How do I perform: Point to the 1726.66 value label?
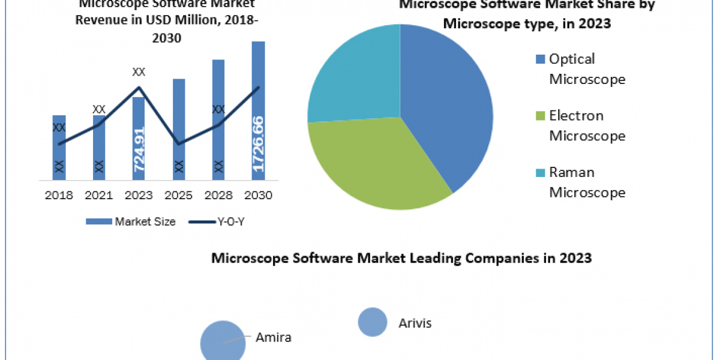pos(258,144)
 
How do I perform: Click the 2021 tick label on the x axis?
pos(98,196)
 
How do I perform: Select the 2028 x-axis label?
pos(218,196)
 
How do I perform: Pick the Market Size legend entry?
pos(131,221)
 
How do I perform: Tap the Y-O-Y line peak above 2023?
pos(139,88)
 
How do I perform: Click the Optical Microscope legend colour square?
pos(539,59)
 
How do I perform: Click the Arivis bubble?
pos(372,322)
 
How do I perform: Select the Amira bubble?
pos(223,342)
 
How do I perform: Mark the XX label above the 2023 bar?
pos(139,72)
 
